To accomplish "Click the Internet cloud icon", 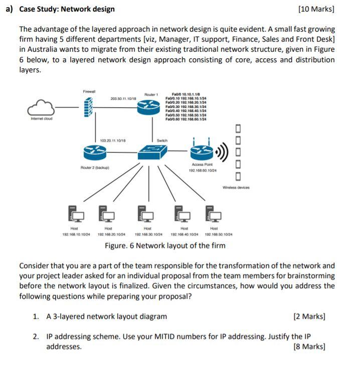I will pos(41,108).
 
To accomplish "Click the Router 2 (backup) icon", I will pos(95,151).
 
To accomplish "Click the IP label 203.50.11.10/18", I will pos(123,99).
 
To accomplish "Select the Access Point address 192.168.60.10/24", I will pos(202,171).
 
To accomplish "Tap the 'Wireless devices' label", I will pos(235,188).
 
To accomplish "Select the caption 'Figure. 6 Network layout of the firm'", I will pos(165,245).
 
